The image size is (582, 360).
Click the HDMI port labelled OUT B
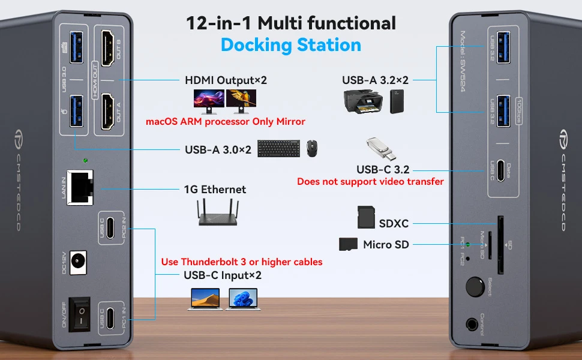(109, 49)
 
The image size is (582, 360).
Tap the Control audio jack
(475, 325)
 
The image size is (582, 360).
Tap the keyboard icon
(279, 149)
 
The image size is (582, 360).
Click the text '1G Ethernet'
(215, 190)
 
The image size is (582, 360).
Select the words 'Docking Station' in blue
(290, 45)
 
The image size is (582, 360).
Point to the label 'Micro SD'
(386, 244)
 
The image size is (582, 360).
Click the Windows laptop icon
(242, 298)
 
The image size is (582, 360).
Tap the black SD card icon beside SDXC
(366, 217)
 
